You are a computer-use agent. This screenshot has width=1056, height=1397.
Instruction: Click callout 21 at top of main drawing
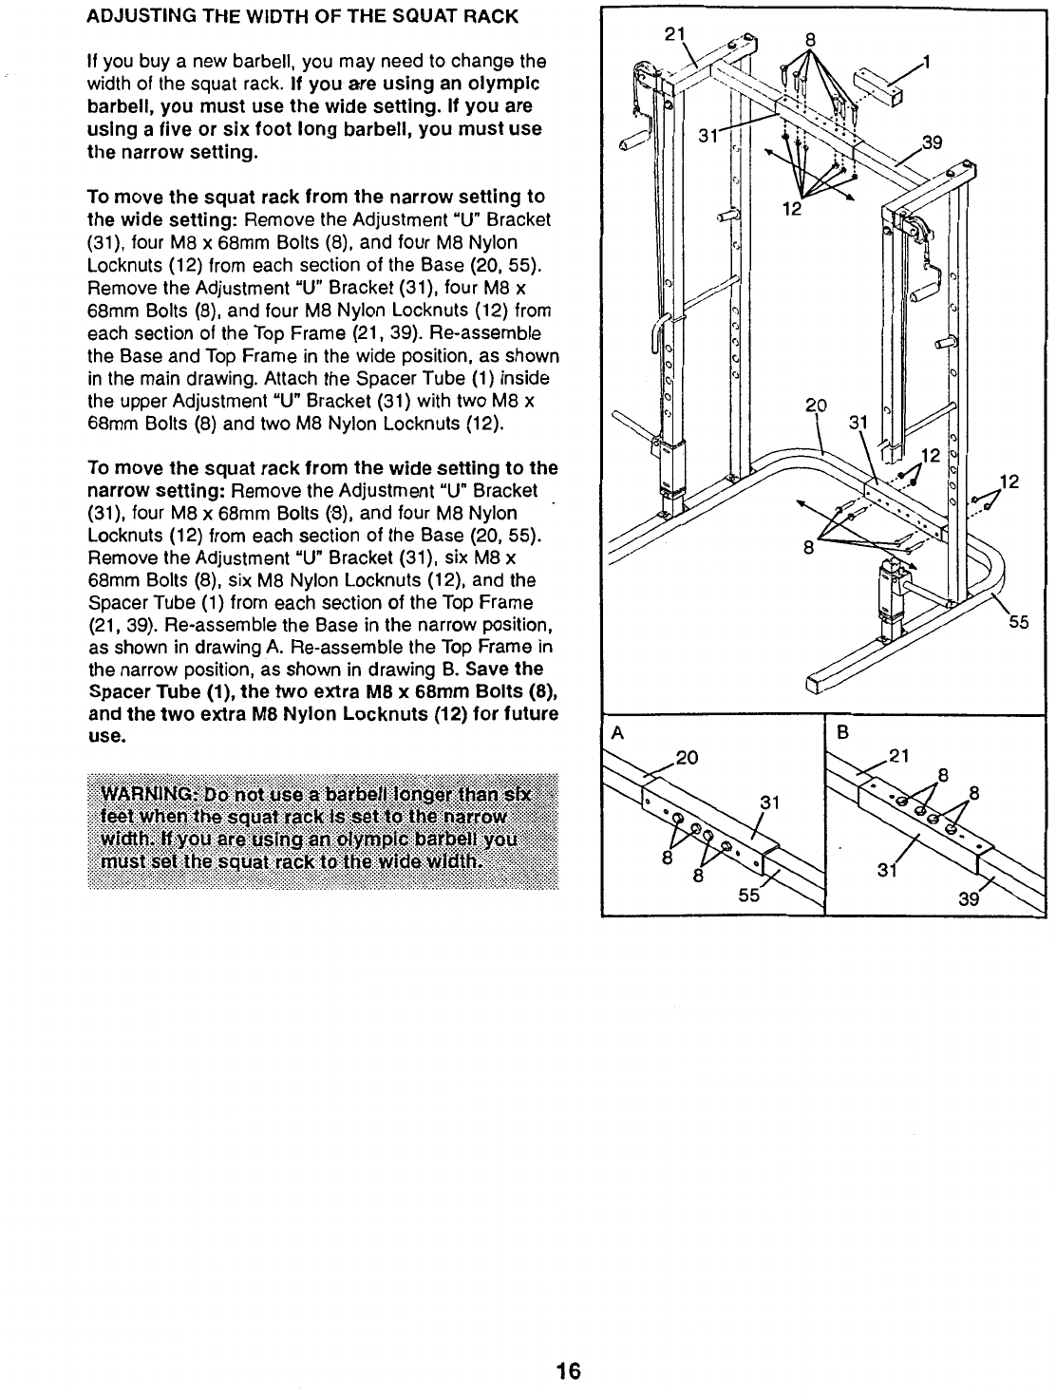point(674,35)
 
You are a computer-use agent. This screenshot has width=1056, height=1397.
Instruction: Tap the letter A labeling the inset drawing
point(617,733)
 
